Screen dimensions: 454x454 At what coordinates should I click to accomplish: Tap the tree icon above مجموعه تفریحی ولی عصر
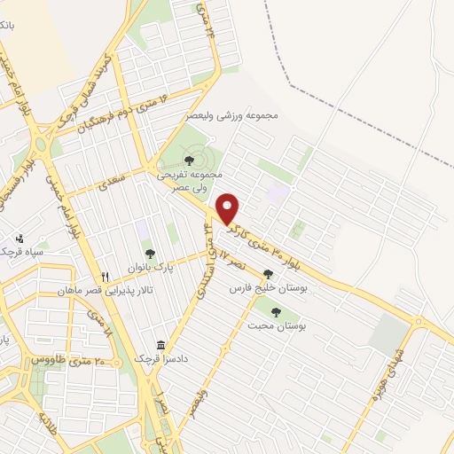[x=188, y=160]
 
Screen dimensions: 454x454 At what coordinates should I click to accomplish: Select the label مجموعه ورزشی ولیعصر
[x=233, y=116]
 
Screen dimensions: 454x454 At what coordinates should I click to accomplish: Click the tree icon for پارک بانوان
[x=149, y=254]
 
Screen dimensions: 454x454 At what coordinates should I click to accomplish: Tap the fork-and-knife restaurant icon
[x=106, y=278]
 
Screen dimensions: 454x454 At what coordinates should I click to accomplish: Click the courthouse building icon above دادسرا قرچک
[x=160, y=345]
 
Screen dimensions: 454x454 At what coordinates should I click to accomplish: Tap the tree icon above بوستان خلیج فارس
[x=268, y=274]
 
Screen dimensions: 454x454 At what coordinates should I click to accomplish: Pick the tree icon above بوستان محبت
[x=276, y=312]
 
